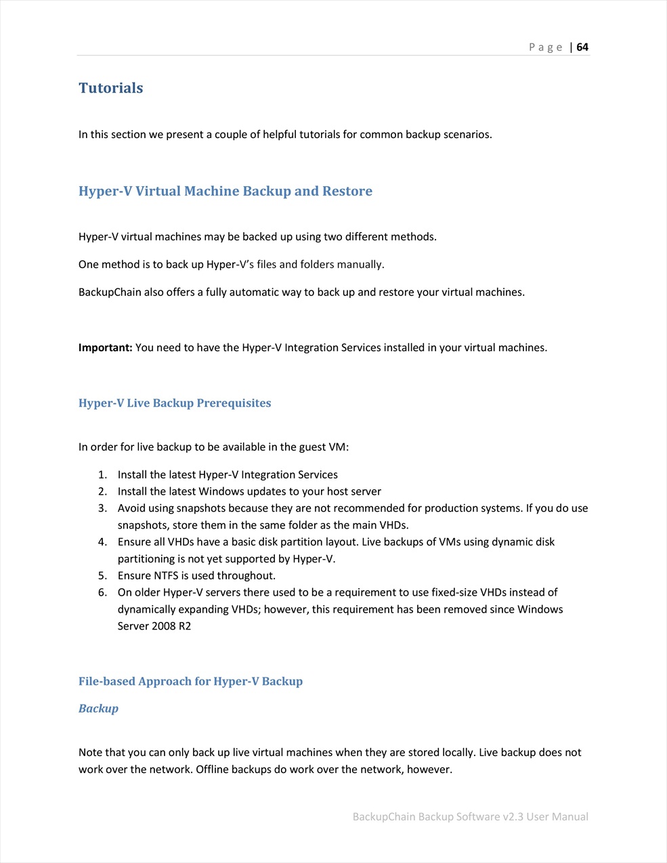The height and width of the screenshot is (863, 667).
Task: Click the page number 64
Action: coord(582,47)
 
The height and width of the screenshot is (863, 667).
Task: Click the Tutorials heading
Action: coord(110,88)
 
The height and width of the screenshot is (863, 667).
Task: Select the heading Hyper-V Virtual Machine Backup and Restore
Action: coord(225,191)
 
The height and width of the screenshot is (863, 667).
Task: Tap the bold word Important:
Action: coord(105,348)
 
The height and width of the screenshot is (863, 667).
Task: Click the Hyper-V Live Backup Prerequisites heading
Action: coord(175,403)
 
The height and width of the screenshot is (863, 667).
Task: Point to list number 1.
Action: coord(102,475)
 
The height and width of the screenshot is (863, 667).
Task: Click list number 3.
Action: coord(102,508)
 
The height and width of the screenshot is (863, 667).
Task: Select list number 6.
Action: coord(102,593)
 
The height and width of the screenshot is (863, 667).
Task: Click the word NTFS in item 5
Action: coord(166,576)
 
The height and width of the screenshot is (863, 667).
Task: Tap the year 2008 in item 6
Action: coord(164,626)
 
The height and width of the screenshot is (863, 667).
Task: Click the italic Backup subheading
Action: coord(98,709)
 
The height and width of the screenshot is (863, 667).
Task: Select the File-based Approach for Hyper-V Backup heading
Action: coord(190,682)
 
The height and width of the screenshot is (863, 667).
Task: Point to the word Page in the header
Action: coord(545,47)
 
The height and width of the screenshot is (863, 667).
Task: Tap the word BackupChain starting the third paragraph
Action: coord(110,292)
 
